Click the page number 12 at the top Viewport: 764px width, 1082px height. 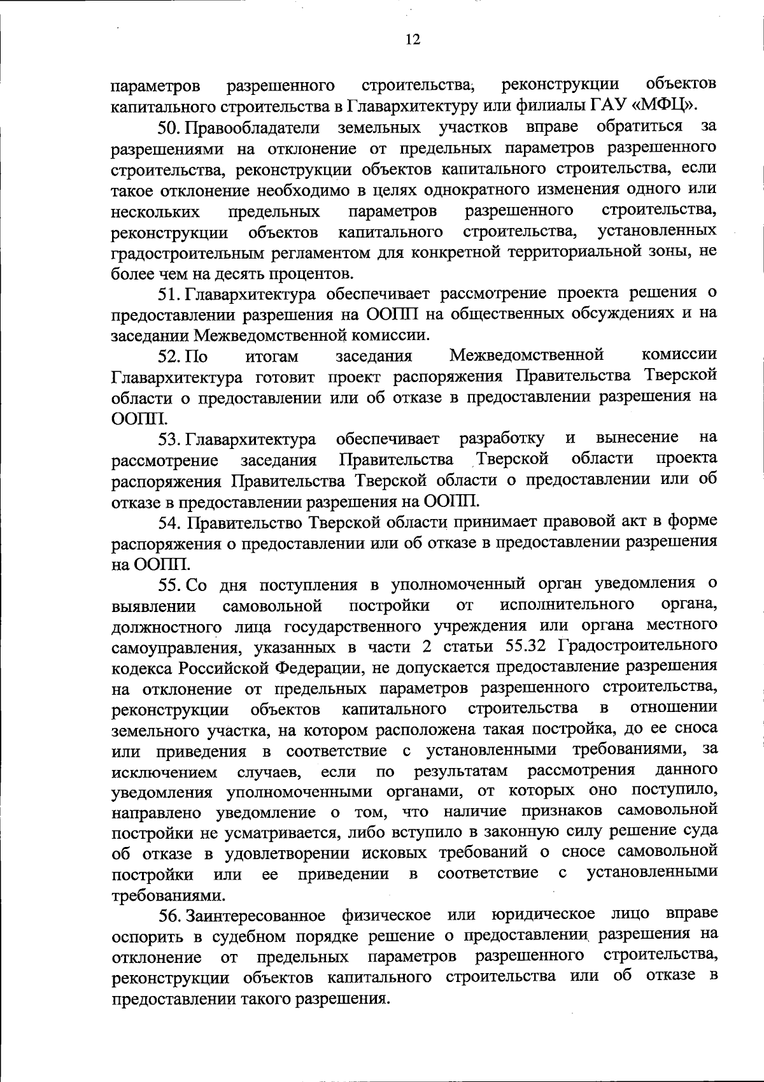413,40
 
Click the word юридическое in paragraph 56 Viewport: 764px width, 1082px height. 543,915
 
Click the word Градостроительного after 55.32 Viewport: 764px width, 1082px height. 638,646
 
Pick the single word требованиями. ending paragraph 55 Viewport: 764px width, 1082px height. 168,895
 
